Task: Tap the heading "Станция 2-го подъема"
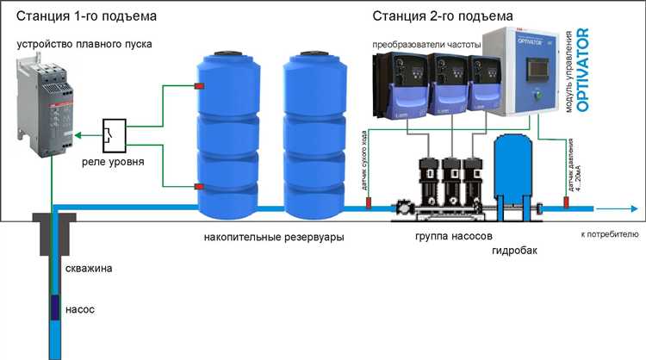(444, 16)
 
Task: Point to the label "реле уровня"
(113, 162)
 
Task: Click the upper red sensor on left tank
(199, 85)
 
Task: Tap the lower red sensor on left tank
(199, 185)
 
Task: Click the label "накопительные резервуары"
(268, 238)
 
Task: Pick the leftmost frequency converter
(399, 86)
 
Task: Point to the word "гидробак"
(514, 251)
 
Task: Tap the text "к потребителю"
(608, 233)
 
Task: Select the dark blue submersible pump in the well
(54, 307)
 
